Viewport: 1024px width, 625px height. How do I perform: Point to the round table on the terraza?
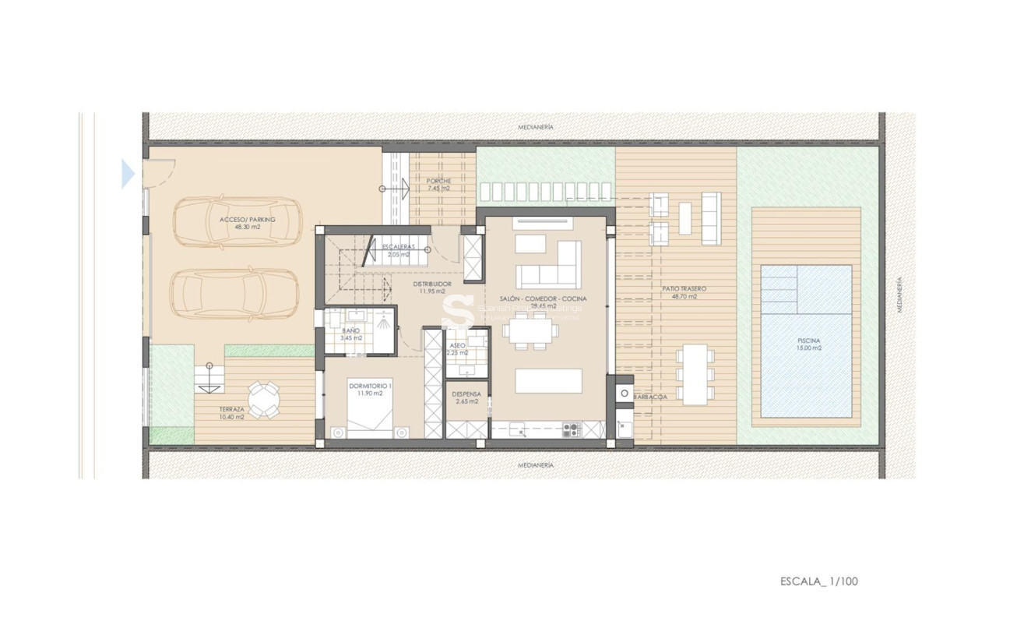click(x=264, y=399)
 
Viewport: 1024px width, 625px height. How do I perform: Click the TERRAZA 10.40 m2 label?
click(x=231, y=413)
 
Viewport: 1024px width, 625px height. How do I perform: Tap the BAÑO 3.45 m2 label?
click(x=352, y=334)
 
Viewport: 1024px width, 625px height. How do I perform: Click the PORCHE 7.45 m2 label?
click(x=438, y=185)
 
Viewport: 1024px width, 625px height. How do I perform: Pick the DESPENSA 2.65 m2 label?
click(x=466, y=397)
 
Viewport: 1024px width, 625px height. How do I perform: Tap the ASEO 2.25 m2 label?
click(x=458, y=349)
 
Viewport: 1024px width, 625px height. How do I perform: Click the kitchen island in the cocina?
click(x=548, y=381)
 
